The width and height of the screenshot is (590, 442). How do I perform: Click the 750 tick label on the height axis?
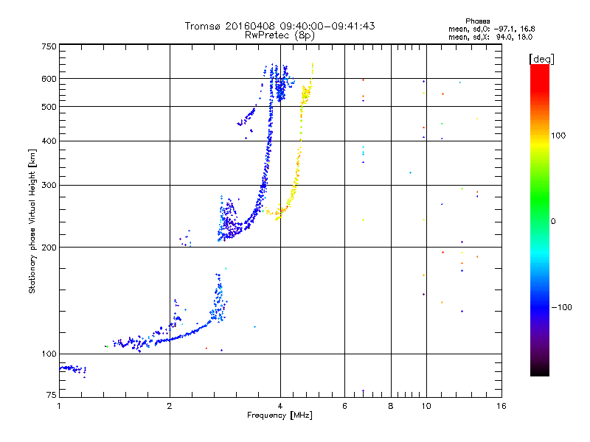pyautogui.click(x=49, y=46)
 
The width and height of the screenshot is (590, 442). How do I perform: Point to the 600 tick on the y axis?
pyautogui.click(x=49, y=79)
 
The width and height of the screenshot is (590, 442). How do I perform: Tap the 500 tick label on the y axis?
pyautogui.click(x=49, y=107)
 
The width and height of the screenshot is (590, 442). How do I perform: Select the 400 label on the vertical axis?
pyautogui.click(x=49, y=141)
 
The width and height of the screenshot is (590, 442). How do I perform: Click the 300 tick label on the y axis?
pyautogui.click(x=49, y=185)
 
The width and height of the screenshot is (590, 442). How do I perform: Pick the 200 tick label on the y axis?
pyautogui.click(x=49, y=247)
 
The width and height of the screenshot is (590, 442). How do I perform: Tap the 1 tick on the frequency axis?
pyautogui.click(x=59, y=406)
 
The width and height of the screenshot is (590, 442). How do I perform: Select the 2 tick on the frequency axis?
pyautogui.click(x=170, y=406)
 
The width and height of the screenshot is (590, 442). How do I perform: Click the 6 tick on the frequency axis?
pyautogui.click(x=344, y=406)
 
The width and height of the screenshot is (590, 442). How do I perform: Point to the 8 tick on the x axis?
pyautogui.click(x=391, y=406)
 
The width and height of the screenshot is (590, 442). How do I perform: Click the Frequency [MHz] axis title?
pyautogui.click(x=280, y=416)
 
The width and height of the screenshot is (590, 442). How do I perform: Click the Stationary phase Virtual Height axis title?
pyautogui.click(x=32, y=221)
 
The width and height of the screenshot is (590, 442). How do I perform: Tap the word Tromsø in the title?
pyautogui.click(x=202, y=26)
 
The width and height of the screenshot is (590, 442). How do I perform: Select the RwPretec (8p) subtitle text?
pyautogui.click(x=280, y=35)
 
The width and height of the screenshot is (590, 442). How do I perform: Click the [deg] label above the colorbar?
pyautogui.click(x=541, y=58)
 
